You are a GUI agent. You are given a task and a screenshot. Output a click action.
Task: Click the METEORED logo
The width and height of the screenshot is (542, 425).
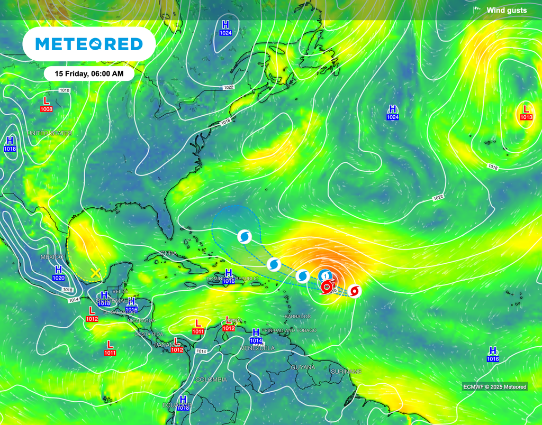coord(89,44)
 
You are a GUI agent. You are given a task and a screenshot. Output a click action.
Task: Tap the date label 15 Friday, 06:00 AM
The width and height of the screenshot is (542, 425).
coord(89,74)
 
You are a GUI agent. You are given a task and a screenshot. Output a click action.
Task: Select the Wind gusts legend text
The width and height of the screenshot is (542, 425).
coord(507,10)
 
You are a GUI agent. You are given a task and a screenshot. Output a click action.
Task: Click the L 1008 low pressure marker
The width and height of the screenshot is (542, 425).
coord(46,104)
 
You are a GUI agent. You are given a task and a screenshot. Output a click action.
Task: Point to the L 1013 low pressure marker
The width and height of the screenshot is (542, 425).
coord(526,112)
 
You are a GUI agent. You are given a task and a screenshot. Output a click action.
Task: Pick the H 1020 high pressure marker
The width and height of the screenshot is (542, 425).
coord(59,273)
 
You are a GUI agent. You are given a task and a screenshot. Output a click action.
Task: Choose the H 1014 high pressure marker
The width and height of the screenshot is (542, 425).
coord(256,336)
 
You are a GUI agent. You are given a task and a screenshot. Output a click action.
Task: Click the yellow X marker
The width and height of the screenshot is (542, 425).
coord(95,273)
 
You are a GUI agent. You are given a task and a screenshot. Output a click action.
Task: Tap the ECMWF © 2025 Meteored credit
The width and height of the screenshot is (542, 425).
coord(495,387)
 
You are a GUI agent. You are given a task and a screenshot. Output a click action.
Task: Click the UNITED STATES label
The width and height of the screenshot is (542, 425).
coord(49,133)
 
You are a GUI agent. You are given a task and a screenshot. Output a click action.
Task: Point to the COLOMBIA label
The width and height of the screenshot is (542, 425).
coord(211,380)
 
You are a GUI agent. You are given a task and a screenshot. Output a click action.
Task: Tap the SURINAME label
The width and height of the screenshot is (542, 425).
coord(346,372)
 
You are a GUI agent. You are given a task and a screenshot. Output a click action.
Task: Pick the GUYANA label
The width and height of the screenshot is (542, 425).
coord(303,367)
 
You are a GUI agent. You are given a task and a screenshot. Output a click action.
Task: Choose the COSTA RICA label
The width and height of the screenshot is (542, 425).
coord(149,334)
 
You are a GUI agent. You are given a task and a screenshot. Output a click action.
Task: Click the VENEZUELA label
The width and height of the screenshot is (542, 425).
coord(258,348)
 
